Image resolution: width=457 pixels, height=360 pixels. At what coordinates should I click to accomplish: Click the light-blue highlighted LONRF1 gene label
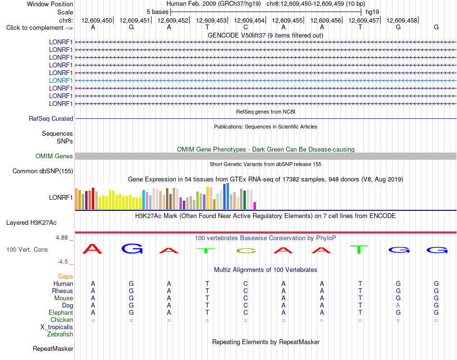click(61, 80)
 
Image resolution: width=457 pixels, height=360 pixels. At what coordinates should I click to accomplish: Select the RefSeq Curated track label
click(51, 119)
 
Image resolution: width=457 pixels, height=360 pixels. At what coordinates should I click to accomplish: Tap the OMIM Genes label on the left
click(54, 156)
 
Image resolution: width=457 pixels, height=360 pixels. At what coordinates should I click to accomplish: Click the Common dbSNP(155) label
click(42, 171)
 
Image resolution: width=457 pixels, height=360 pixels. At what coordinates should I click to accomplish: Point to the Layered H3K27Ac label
click(31, 223)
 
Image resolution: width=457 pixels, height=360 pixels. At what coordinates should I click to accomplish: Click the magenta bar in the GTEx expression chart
click(255, 206)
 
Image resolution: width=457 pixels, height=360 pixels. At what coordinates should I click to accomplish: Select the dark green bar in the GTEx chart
click(244, 200)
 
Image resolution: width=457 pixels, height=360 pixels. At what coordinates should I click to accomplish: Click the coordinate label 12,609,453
click(211, 20)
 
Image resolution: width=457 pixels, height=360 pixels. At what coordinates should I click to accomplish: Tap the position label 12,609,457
click(364, 20)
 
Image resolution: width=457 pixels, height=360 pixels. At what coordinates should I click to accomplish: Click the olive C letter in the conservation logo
click(246, 251)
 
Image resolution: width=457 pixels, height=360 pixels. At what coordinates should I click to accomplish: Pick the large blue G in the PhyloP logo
click(132, 249)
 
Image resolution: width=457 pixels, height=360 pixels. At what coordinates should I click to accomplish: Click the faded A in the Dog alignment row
click(398, 306)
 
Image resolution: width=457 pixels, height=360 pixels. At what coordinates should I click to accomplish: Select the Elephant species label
click(61, 313)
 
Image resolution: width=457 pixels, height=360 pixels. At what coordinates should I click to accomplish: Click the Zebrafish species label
click(60, 334)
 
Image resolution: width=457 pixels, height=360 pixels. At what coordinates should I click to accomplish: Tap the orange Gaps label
click(65, 276)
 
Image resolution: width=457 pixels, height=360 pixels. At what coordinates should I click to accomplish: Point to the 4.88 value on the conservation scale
click(62, 238)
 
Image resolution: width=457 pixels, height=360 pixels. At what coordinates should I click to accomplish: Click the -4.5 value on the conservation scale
click(63, 262)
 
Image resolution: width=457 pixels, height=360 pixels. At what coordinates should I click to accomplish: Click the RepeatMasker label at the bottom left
click(53, 349)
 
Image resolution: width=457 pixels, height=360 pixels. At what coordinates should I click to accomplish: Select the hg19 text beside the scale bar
click(372, 12)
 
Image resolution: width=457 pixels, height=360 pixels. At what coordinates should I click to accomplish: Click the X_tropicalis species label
click(57, 327)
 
